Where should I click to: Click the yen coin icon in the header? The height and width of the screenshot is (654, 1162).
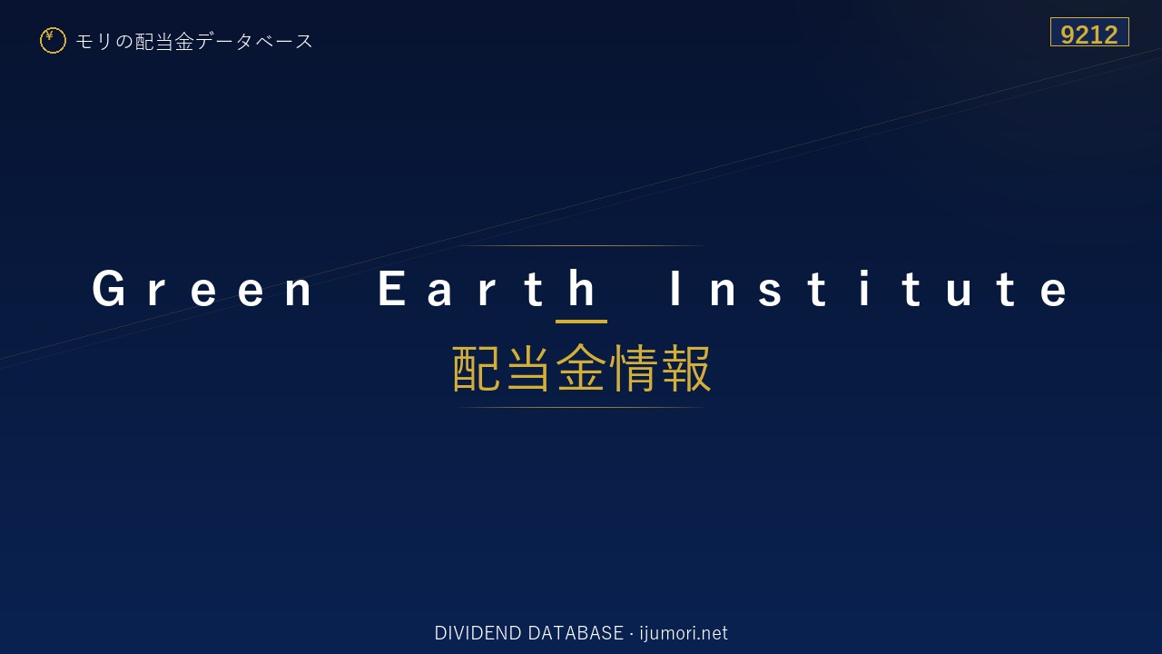tap(53, 41)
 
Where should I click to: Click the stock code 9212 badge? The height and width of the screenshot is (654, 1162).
tap(1089, 32)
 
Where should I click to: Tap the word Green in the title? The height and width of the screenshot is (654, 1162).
tap(202, 289)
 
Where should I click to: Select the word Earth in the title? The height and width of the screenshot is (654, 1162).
tap(487, 289)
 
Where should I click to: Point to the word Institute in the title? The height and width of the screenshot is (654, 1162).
tap(869, 289)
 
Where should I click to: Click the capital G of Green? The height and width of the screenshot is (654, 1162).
tap(109, 289)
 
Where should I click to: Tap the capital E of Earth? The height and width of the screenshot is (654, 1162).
tap(391, 288)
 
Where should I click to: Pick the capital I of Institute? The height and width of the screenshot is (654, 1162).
tap(675, 288)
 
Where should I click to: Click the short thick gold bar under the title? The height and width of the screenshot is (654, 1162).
tap(581, 322)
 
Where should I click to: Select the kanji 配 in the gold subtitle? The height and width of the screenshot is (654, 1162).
tap(477, 368)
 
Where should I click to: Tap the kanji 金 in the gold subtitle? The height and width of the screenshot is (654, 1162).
tap(580, 368)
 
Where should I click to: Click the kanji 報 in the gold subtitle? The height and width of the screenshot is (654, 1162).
tap(686, 368)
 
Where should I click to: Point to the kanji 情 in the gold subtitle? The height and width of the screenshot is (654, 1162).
tap(634, 368)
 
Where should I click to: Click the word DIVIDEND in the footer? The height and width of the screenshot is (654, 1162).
tap(478, 633)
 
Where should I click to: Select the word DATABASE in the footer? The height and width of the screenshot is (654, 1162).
tap(576, 633)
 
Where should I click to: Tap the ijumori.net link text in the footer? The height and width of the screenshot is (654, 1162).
tap(684, 633)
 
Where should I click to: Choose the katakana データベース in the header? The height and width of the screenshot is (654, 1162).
tap(254, 42)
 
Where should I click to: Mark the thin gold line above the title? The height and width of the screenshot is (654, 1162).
tap(581, 245)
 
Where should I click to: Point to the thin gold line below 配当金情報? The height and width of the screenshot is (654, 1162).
tap(581, 408)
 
